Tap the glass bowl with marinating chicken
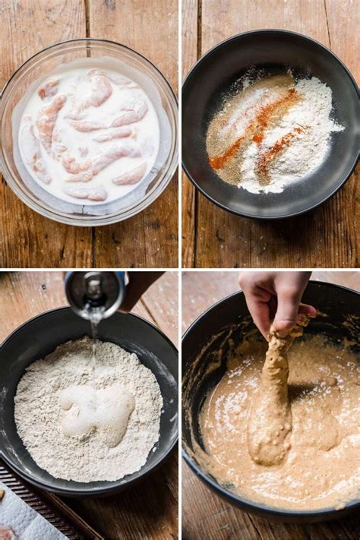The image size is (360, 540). pos(89,133)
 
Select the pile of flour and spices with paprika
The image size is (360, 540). pos(270,133)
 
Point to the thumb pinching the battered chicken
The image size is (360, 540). pos(304,311)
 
